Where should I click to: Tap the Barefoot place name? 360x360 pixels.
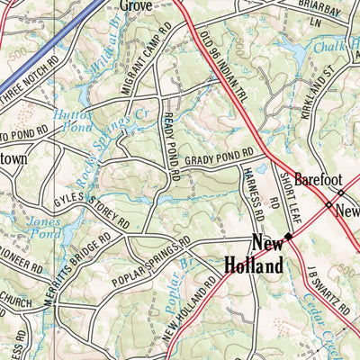coord(321,178)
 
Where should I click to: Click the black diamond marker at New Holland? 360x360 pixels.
coord(288,237)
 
